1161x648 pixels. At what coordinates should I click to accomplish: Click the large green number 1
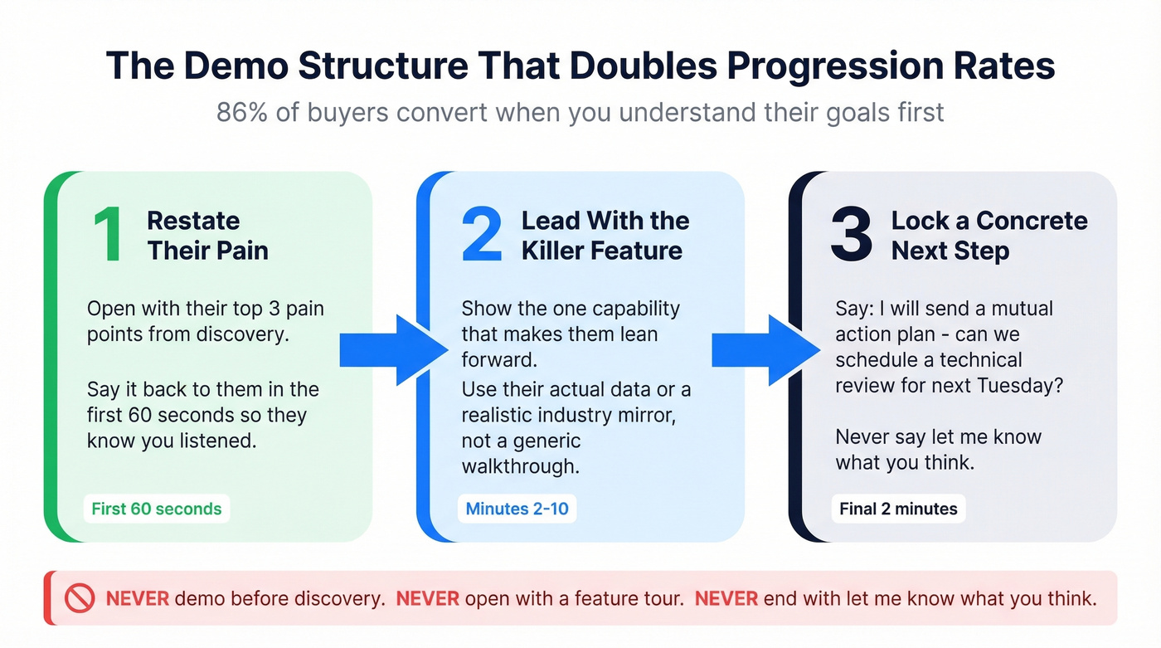click(107, 236)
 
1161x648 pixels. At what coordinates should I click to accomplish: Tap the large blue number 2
click(482, 236)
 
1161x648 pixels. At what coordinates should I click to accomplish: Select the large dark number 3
click(851, 236)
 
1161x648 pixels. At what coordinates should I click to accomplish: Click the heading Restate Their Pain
click(207, 236)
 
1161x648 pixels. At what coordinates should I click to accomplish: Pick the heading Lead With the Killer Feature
click(605, 236)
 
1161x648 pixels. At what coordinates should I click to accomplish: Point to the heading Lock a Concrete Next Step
click(989, 236)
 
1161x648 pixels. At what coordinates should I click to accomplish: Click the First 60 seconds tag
click(157, 509)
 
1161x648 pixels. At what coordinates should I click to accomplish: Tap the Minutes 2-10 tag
click(517, 509)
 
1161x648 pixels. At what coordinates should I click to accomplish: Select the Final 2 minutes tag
click(898, 509)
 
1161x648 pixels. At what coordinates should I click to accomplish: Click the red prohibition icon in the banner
click(80, 598)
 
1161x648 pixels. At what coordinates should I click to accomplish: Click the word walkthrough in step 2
click(519, 465)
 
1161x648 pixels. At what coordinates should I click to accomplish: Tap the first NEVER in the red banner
click(137, 598)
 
